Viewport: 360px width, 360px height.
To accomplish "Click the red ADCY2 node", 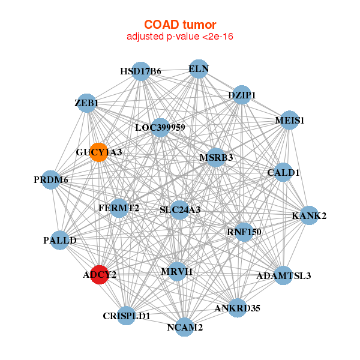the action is [x=99, y=275].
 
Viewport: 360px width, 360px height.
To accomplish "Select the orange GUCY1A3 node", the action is [x=99, y=152].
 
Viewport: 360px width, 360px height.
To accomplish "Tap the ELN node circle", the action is [x=199, y=69].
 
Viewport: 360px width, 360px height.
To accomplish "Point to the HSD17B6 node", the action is [x=141, y=71].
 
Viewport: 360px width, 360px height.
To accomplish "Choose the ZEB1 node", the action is [x=86, y=103].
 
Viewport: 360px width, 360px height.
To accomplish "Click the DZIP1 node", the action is [x=242, y=95].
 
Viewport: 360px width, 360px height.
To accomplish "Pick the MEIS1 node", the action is [x=289, y=120].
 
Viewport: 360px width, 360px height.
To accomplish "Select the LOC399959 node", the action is [x=160, y=128].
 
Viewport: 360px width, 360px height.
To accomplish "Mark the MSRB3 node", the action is [x=215, y=157].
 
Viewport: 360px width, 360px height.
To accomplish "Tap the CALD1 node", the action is [x=283, y=172].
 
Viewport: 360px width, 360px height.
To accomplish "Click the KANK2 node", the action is [x=309, y=215].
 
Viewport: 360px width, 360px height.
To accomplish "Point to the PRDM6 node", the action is [x=51, y=180].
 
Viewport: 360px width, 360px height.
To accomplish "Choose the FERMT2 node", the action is [x=119, y=208].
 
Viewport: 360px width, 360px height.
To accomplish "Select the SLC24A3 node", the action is [x=180, y=210].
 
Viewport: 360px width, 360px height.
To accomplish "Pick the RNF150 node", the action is [x=244, y=232].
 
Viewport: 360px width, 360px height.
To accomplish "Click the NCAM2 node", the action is [x=185, y=327].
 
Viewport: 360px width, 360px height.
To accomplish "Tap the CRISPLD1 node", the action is [x=126, y=316].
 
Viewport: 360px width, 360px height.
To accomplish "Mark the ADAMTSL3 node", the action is [x=284, y=275].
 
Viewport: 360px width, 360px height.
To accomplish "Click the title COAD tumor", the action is [x=180, y=25].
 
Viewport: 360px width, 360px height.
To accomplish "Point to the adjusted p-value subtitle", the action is [x=180, y=37].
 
